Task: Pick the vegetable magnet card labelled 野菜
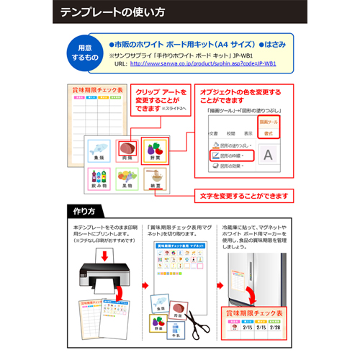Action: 156,151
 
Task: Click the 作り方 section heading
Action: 84,211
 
